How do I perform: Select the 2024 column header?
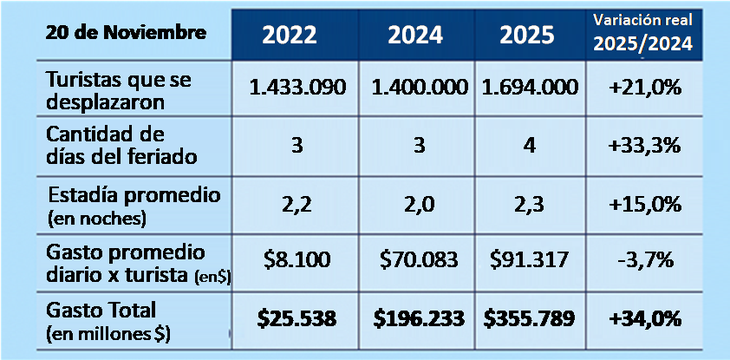click(414, 35)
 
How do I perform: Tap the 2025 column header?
click(529, 35)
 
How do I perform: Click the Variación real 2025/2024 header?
click(644, 32)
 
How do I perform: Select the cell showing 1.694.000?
click(528, 87)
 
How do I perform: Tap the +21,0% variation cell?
click(644, 87)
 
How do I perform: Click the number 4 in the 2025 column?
click(528, 145)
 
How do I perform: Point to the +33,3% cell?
click(644, 145)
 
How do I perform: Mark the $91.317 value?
click(528, 260)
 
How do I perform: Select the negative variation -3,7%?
click(644, 260)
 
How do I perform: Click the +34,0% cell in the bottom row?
click(644, 319)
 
